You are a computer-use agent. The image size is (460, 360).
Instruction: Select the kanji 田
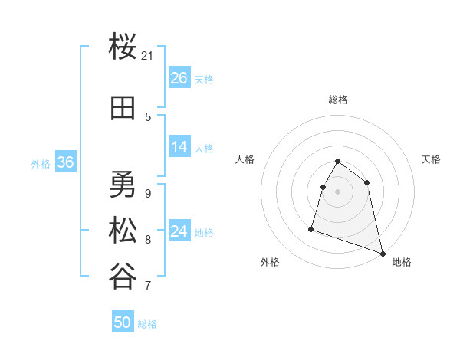[123, 109]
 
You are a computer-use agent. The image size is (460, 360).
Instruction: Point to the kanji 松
[123, 231]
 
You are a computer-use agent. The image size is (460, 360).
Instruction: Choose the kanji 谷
[123, 277]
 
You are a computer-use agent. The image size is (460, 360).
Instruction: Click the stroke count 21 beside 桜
[148, 56]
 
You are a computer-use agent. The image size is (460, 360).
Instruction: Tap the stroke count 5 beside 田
[148, 117]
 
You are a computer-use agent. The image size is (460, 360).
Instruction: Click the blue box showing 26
[179, 78]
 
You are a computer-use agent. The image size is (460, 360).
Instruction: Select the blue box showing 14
[179, 147]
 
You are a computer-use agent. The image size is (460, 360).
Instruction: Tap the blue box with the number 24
[179, 231]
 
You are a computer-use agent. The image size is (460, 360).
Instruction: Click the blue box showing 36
[66, 162]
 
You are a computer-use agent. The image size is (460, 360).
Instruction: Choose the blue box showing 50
[123, 322]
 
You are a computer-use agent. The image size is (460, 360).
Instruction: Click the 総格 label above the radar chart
[338, 100]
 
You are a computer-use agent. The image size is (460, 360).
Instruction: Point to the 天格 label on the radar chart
[431, 159]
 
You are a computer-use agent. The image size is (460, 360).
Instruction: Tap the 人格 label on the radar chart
[245, 159]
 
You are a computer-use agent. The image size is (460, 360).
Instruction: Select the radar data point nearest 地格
[383, 253]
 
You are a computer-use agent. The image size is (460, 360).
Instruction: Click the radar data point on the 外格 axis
[311, 228]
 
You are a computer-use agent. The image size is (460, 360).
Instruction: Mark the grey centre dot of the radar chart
[338, 191]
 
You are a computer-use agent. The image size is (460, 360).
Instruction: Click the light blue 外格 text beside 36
[41, 163]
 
